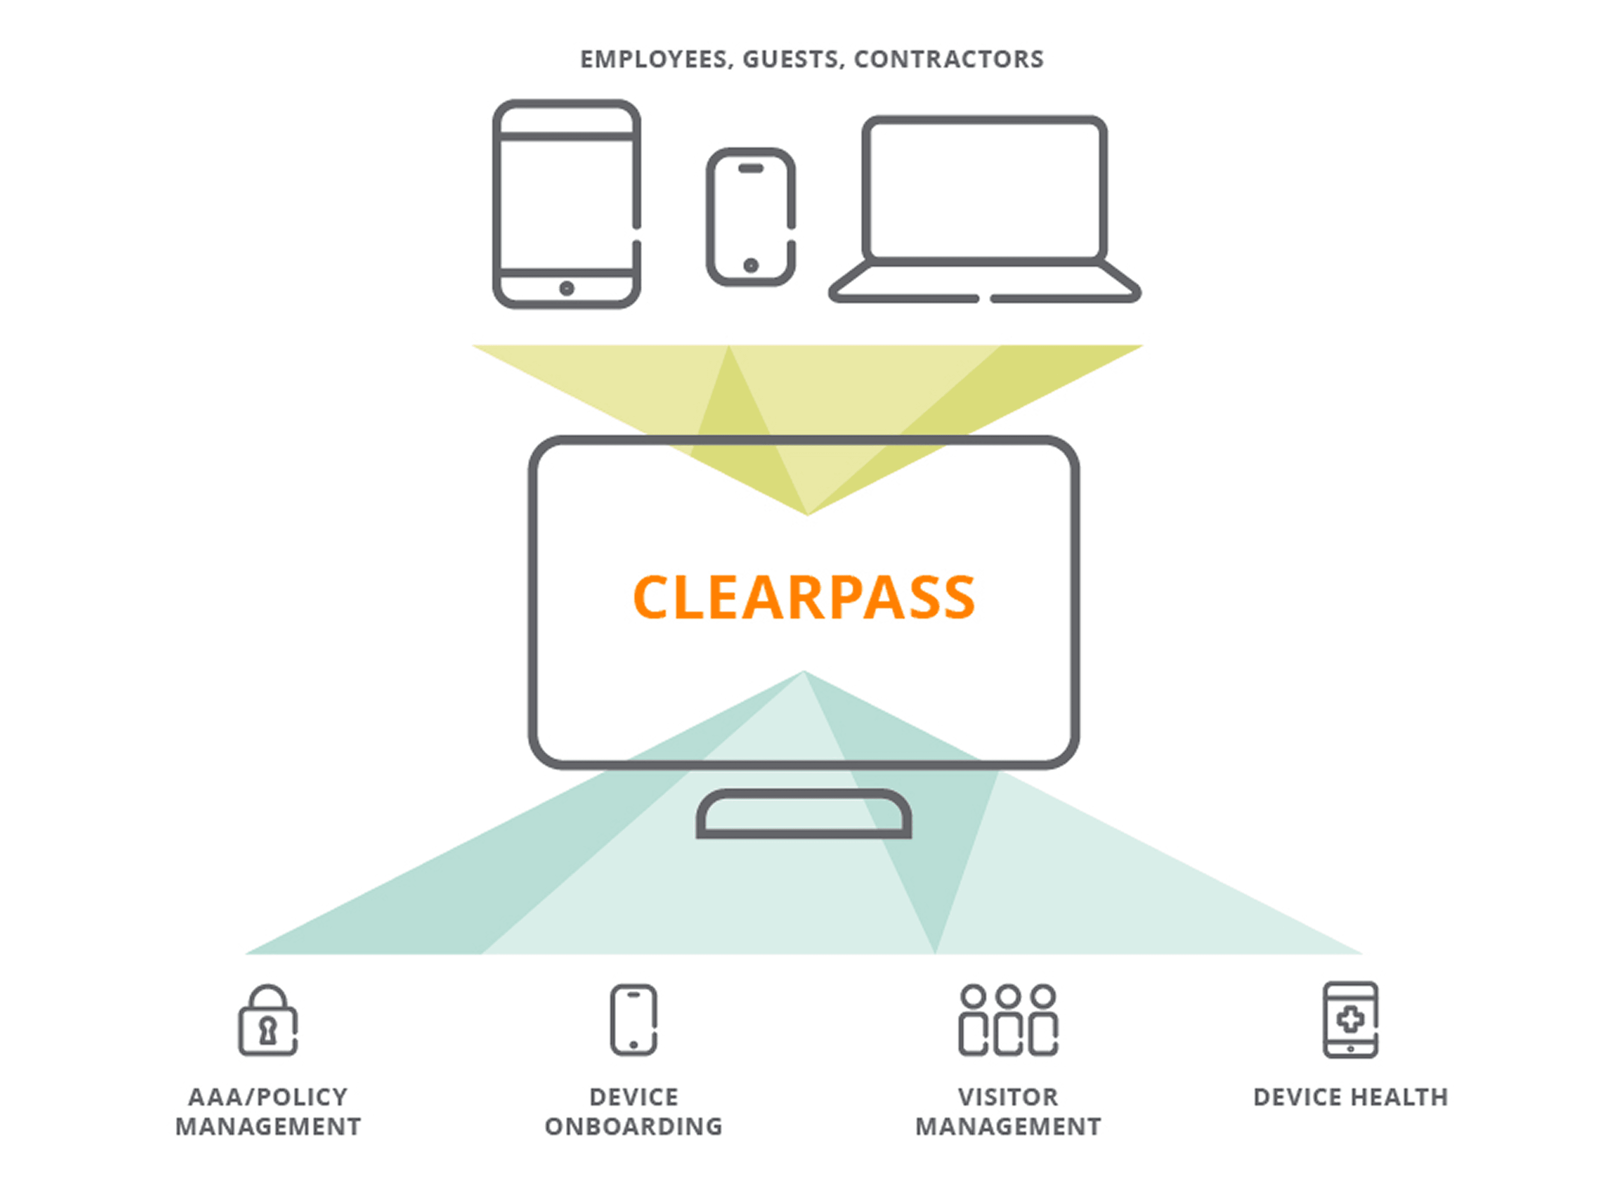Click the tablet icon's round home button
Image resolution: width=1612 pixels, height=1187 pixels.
[566, 288]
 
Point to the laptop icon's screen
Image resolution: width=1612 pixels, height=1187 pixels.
[984, 188]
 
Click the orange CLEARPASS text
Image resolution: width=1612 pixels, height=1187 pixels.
[804, 597]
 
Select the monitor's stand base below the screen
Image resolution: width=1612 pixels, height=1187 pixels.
[804, 816]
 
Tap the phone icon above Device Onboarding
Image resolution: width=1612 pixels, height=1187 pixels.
[633, 1020]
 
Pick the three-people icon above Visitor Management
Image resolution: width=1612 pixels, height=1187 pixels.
[1008, 1020]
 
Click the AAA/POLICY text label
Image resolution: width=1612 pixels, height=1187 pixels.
[267, 1097]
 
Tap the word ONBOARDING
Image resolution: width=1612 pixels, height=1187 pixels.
[633, 1126]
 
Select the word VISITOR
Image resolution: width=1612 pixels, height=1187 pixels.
[1008, 1097]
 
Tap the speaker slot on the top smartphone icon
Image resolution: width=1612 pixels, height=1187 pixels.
[750, 168]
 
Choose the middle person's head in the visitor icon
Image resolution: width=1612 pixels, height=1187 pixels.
[1008, 996]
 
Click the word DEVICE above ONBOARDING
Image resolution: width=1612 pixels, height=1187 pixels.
[633, 1097]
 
